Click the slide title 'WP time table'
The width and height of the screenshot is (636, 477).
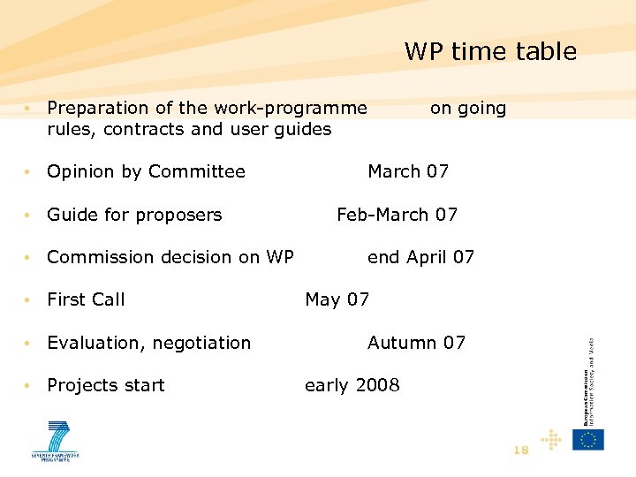coord(490,51)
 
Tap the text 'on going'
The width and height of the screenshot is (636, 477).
coord(467,109)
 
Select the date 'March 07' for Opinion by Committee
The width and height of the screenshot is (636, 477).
coord(407,171)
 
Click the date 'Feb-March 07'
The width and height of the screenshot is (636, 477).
coord(397,215)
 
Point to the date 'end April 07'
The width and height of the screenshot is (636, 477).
coord(420,257)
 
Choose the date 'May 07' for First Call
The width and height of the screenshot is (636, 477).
coord(337,299)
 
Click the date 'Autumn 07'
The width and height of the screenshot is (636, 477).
coord(416,343)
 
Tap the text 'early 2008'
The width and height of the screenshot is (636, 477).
coord(352,385)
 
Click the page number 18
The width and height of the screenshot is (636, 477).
coord(520,450)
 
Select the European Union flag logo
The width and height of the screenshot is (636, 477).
coord(587,439)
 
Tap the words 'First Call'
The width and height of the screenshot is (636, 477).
coord(86,299)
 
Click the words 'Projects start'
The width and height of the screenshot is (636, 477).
coord(105,385)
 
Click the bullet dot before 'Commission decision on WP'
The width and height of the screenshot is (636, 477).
coord(29,258)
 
